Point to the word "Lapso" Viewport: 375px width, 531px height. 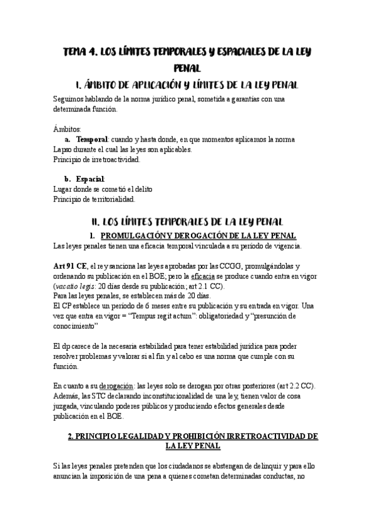tap(65, 149)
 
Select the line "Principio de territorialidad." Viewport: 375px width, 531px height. tap(95, 199)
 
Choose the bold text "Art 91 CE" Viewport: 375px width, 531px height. tap(72, 265)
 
